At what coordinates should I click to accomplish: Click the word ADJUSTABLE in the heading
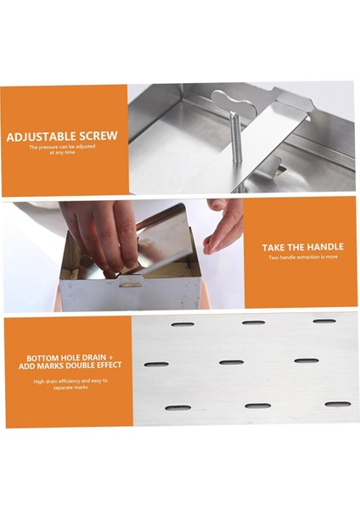(41, 137)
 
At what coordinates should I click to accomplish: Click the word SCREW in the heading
(98, 136)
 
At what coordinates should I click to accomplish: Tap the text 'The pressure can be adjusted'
(62, 147)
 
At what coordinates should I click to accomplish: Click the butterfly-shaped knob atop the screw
(234, 104)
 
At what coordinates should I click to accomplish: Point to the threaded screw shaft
(237, 140)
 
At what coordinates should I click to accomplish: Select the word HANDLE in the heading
(325, 247)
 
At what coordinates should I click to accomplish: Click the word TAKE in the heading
(273, 248)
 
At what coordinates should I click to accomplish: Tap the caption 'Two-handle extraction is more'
(303, 257)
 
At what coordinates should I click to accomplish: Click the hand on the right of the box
(224, 226)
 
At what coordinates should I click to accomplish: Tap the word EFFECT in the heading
(107, 365)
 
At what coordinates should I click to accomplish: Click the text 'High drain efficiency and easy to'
(70, 381)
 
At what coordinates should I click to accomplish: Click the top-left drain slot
(183, 324)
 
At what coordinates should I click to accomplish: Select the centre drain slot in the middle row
(231, 362)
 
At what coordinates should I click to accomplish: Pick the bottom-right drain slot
(338, 404)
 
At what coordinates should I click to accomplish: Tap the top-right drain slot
(324, 321)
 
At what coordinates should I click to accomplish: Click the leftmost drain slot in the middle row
(156, 365)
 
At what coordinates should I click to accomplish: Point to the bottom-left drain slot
(177, 408)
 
